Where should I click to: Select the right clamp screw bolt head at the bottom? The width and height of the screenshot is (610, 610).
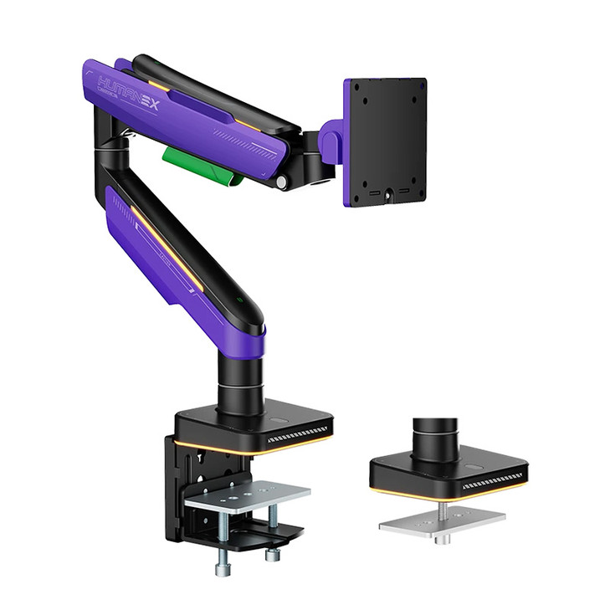272,555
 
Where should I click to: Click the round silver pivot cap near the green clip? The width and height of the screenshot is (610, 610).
283,181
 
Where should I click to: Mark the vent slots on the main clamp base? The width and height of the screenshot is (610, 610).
297,434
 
